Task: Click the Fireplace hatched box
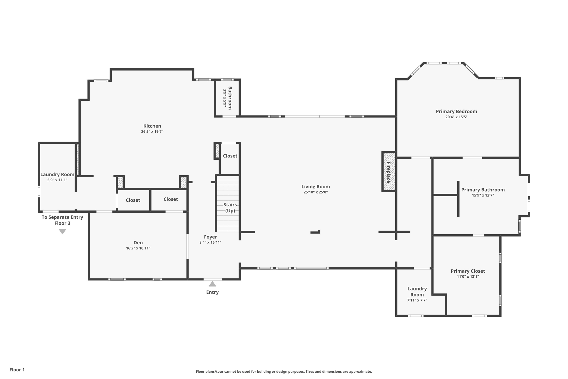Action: point(389,172)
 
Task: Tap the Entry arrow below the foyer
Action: point(212,284)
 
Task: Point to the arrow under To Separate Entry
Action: point(62,232)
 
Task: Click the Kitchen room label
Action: point(152,126)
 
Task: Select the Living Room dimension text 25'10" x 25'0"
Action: point(316,192)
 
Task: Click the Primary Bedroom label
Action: point(457,112)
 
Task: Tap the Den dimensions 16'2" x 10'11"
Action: point(138,248)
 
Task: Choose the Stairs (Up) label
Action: point(230,208)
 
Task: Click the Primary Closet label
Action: point(468,271)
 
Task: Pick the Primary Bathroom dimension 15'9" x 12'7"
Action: point(483,195)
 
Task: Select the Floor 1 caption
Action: point(17,370)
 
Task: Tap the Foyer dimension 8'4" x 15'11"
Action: point(210,242)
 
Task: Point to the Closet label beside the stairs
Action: point(230,156)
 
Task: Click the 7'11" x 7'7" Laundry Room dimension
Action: point(417,300)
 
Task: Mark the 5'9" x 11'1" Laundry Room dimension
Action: point(57,180)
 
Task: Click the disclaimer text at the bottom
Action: point(284,372)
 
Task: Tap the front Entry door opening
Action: point(213,279)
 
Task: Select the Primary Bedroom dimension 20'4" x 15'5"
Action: point(457,117)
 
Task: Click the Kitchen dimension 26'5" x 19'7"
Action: point(152,132)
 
